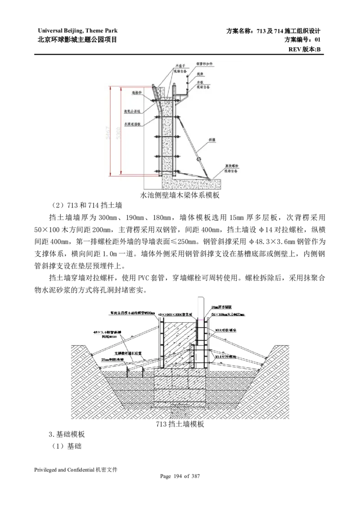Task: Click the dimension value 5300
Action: (119, 130)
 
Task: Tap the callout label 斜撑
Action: (212, 140)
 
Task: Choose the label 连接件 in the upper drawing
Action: (137, 93)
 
